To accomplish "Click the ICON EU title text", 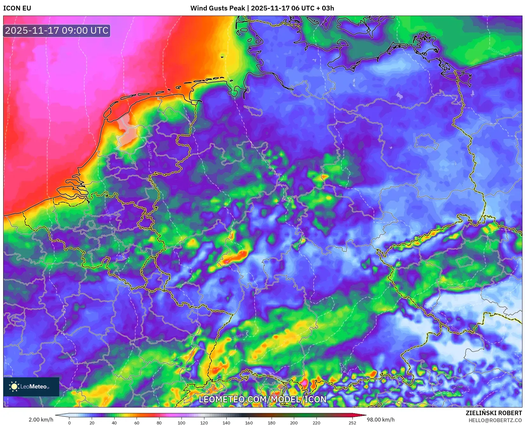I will coord(17,8).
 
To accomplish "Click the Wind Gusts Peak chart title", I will coord(262,8).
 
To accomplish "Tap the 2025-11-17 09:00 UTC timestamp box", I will coord(57,31).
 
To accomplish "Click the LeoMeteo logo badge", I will coord(31,387).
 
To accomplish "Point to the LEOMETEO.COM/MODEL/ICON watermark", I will coord(263,400).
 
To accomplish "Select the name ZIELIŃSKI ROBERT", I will coord(494,413).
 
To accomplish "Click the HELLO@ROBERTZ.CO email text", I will coord(495,420).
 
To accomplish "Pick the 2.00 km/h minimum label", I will coord(41,420).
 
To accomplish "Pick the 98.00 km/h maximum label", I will coord(381,420).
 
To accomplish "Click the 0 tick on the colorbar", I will coord(69,423).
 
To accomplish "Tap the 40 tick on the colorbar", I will coord(114,423).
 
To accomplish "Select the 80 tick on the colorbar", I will coord(159,423).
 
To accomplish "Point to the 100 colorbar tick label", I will coord(181,423).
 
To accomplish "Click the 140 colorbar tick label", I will coord(226,423).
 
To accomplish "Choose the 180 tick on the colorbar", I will coord(272,423).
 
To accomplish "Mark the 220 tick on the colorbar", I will coord(316,423).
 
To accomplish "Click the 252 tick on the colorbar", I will coord(352,423).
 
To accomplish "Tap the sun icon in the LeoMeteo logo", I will coord(14,387).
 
